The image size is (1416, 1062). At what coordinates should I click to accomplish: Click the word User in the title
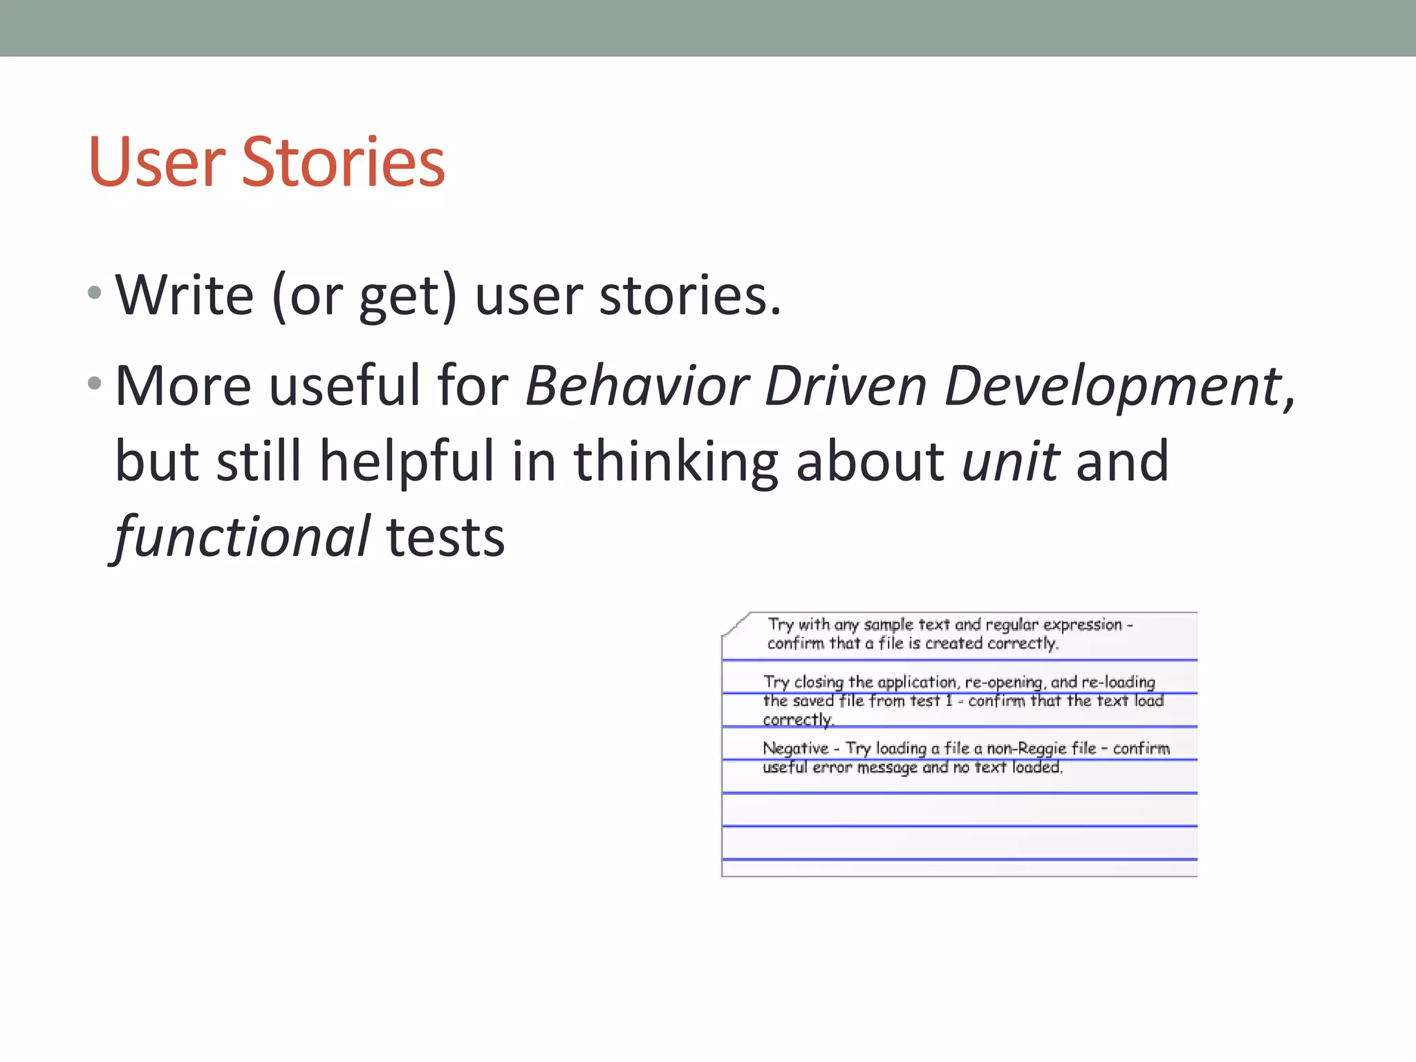(x=156, y=162)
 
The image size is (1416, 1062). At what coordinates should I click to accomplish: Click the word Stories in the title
(x=343, y=162)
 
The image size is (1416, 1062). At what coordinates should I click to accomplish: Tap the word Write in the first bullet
(x=185, y=296)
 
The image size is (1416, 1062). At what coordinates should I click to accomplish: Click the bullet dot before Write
(x=95, y=293)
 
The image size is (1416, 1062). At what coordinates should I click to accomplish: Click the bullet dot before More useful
(x=95, y=382)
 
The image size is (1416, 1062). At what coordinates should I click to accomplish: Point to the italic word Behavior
(x=637, y=386)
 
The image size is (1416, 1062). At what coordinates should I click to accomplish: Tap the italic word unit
(x=1010, y=461)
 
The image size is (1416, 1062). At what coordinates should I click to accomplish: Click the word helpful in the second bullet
(x=407, y=462)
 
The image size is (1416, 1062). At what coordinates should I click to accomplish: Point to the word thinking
(x=676, y=462)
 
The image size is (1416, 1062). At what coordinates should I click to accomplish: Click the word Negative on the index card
(x=795, y=748)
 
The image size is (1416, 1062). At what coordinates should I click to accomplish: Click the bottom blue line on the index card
(x=959, y=859)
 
